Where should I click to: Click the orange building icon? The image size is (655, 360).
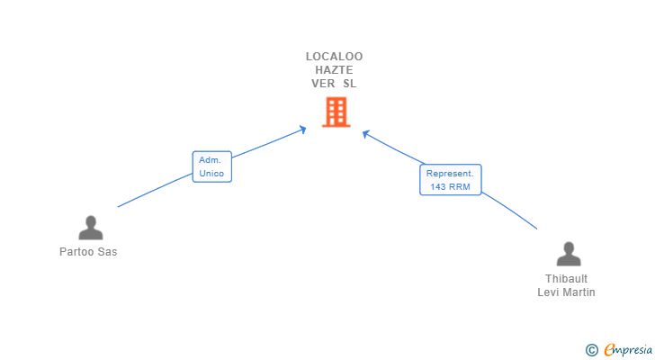[335, 112]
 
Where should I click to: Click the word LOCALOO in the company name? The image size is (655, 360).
[334, 56]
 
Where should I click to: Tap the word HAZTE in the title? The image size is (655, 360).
[334, 69]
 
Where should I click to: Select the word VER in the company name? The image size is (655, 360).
[322, 83]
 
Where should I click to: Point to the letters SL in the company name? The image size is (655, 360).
[349, 83]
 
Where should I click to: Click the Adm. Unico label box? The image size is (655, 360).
[212, 166]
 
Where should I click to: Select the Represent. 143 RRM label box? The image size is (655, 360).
[451, 179]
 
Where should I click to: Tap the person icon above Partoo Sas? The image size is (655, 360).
[90, 229]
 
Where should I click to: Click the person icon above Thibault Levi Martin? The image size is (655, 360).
[567, 255]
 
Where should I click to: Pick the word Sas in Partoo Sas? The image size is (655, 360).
[108, 252]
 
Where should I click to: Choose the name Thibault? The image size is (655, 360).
[567, 279]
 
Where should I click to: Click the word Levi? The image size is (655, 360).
[550, 292]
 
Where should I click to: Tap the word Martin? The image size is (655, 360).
[580, 292]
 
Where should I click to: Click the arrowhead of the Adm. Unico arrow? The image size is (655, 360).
[303, 129]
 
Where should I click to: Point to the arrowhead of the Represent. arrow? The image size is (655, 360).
[366, 134]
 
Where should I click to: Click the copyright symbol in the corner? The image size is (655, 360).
[591, 349]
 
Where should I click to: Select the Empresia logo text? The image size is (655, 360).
[628, 349]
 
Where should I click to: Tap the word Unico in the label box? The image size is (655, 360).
[212, 173]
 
